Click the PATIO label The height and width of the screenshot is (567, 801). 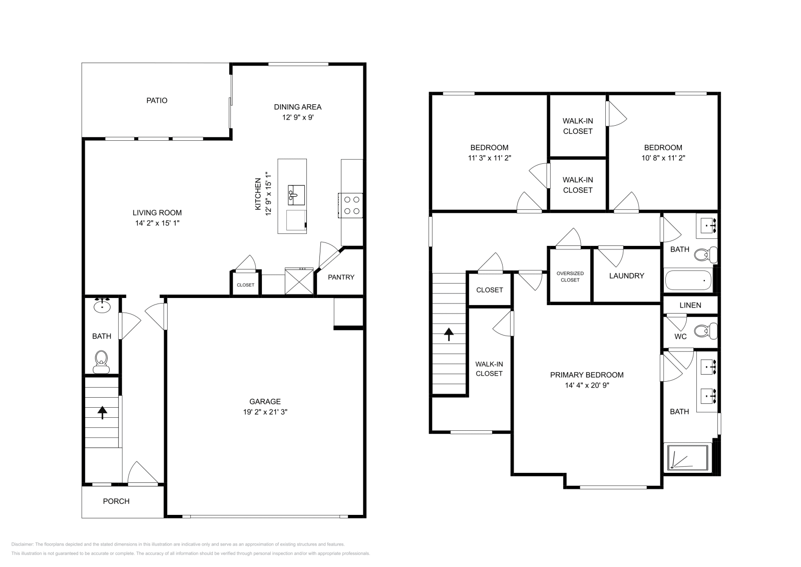(157, 101)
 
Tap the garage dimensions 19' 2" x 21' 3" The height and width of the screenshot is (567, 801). (265, 412)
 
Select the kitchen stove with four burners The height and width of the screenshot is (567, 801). (351, 205)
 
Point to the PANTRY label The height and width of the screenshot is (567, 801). (341, 277)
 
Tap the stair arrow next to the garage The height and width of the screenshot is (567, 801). (103, 412)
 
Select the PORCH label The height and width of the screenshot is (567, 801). (116, 501)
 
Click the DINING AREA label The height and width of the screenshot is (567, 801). (297, 107)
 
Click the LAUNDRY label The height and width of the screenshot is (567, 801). (626, 276)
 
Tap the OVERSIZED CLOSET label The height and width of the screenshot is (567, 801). (570, 276)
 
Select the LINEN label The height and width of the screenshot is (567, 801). (690, 305)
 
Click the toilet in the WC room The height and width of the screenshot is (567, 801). (706, 331)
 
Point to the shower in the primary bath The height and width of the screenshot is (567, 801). (688, 457)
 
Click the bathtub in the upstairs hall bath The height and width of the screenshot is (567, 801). (688, 281)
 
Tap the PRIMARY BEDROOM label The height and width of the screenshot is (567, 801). (587, 375)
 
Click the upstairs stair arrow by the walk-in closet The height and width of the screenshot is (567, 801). (449, 334)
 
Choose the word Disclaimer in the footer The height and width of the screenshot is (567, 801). (22, 544)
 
